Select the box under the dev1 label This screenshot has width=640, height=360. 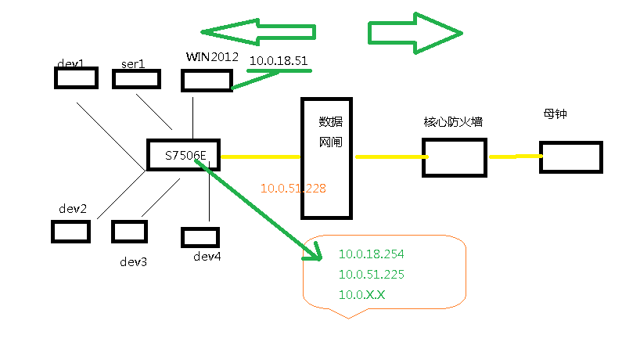[x=76, y=77]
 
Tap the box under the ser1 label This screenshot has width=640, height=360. [x=138, y=79]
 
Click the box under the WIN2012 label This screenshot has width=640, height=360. [x=206, y=81]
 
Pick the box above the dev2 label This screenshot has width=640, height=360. [x=70, y=231]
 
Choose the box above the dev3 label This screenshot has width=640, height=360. [x=129, y=231]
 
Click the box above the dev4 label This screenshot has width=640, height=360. [x=200, y=237]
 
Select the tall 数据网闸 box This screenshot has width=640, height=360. [x=327, y=159]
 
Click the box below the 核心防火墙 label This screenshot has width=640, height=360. [x=454, y=158]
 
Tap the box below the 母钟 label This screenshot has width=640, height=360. [x=571, y=157]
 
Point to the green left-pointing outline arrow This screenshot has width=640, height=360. [x=258, y=32]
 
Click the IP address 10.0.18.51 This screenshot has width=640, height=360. [x=278, y=60]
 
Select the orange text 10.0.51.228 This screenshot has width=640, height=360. [x=293, y=189]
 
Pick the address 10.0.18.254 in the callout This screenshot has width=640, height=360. [x=371, y=254]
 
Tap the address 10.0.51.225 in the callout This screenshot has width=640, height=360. [x=371, y=275]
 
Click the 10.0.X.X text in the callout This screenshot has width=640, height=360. [x=361, y=295]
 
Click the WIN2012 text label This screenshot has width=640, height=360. [x=211, y=57]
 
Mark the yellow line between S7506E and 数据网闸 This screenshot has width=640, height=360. [x=261, y=157]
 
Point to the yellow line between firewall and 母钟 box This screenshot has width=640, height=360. [x=515, y=157]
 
